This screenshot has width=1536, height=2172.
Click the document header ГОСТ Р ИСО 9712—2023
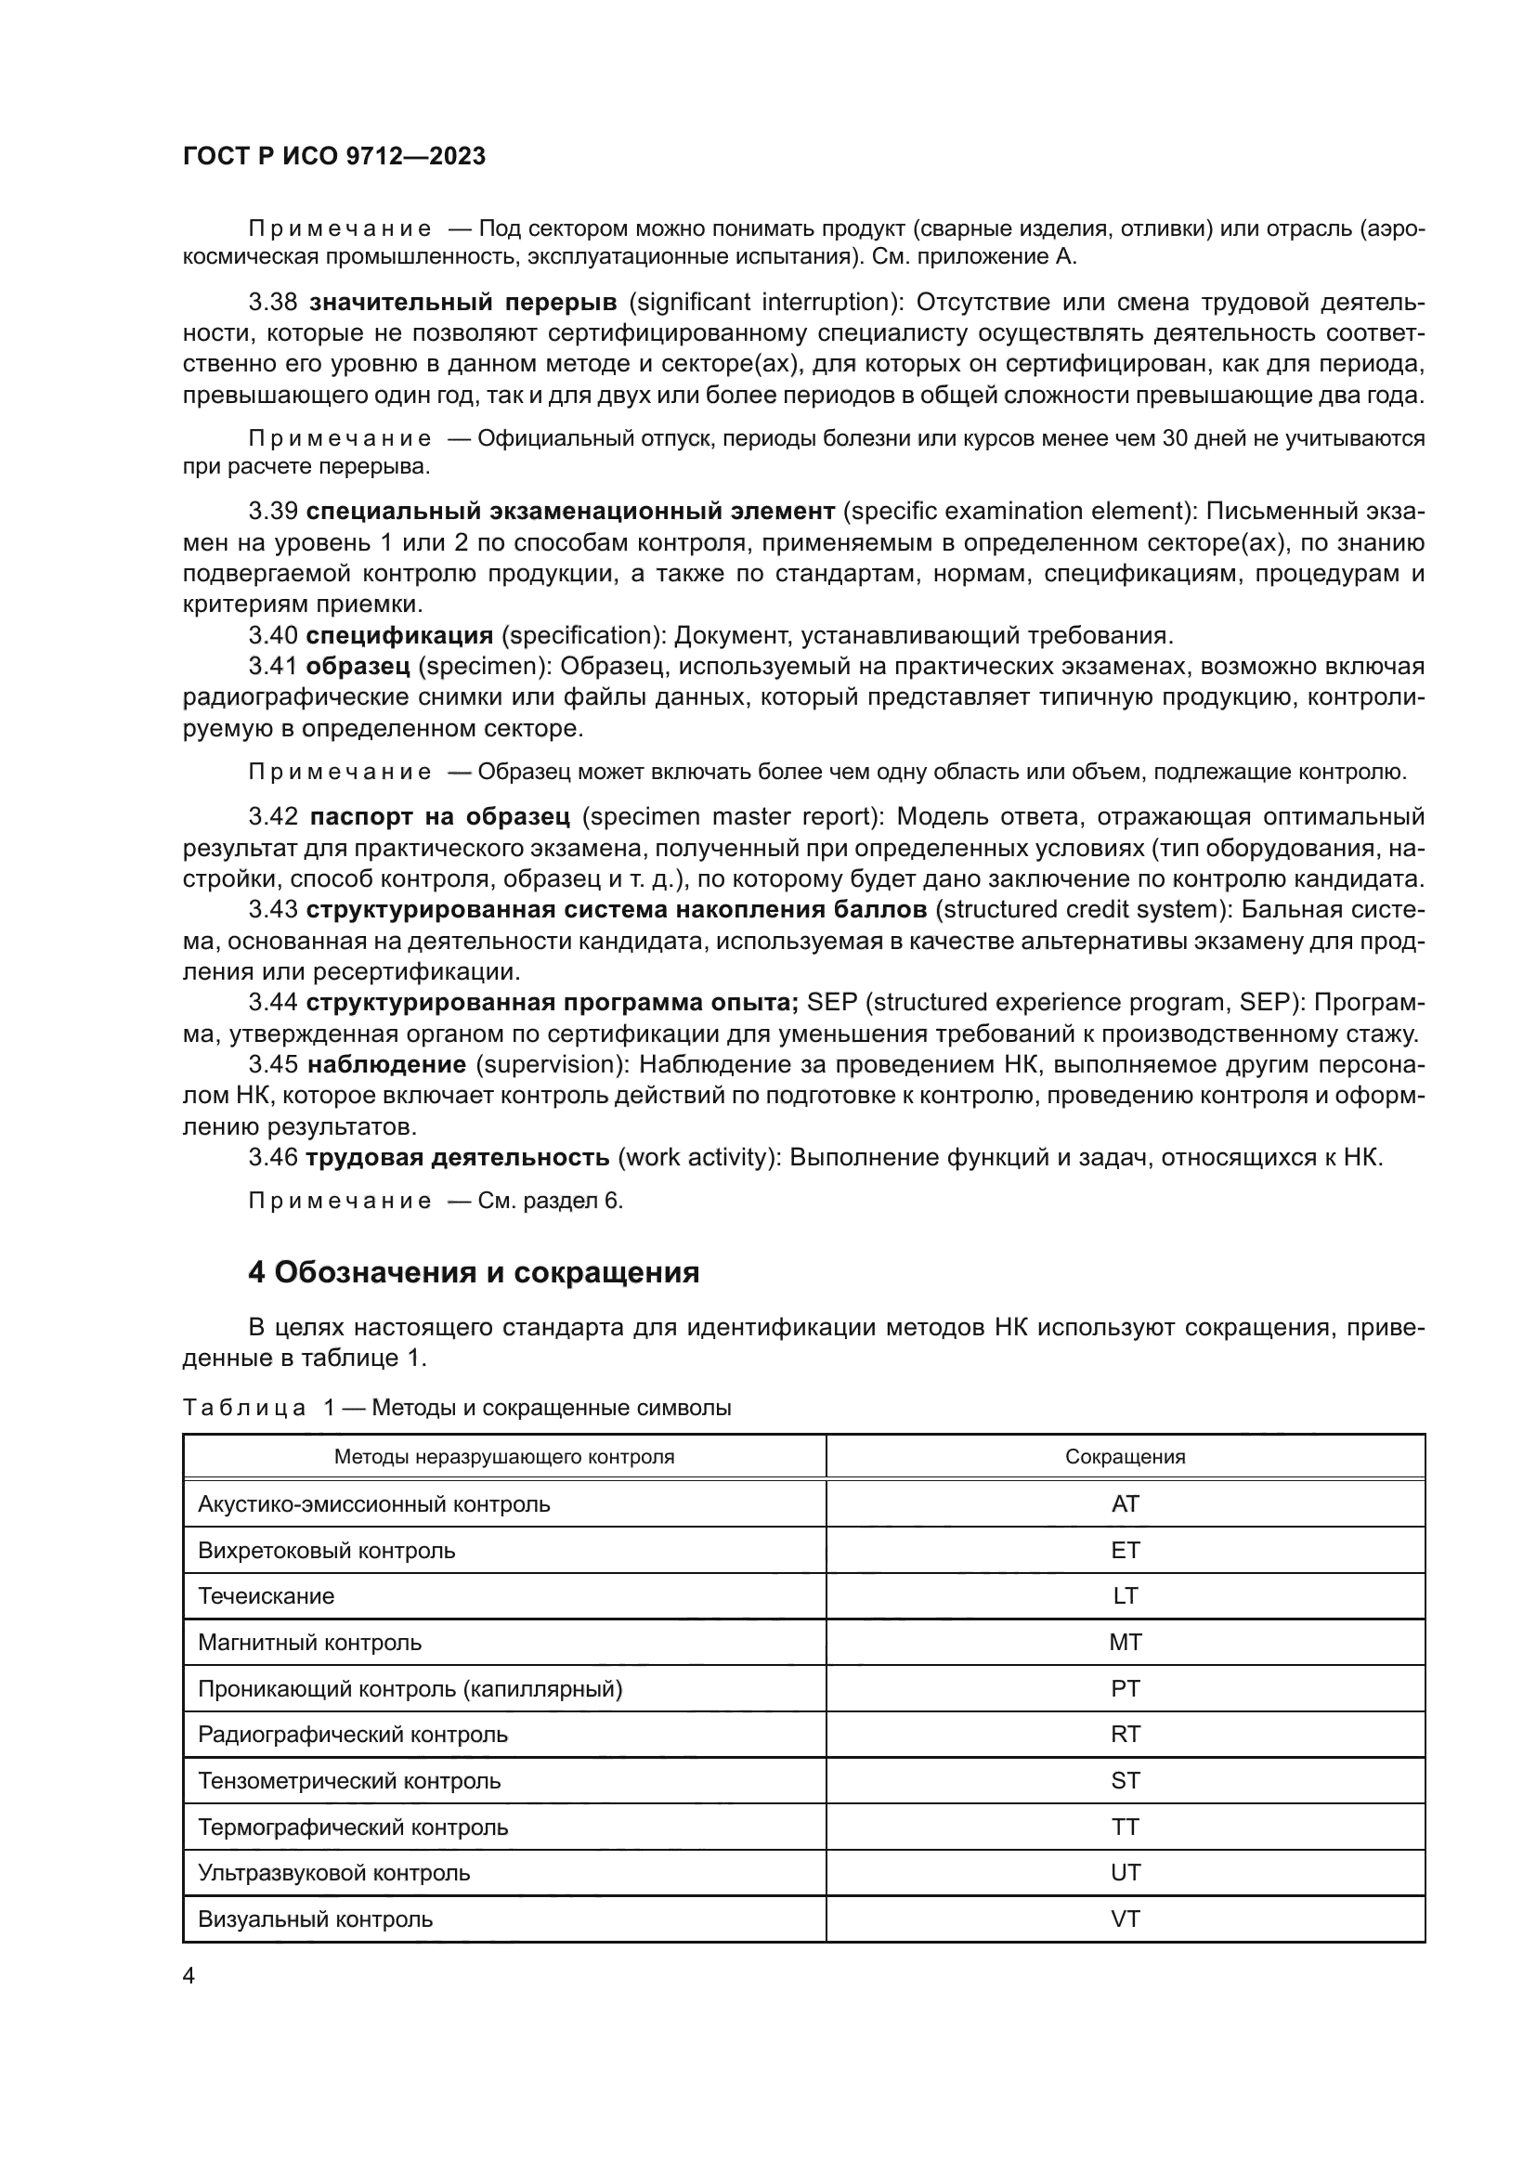click(x=334, y=157)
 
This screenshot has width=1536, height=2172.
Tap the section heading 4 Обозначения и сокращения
click(x=473, y=1272)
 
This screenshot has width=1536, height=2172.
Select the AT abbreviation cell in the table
click(x=1125, y=1503)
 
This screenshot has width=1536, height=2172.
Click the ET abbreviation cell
click(x=1125, y=1550)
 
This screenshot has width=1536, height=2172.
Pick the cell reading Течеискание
click(x=266, y=1596)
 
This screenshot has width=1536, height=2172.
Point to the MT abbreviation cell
click(x=1125, y=1643)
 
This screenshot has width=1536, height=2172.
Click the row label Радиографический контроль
click(x=353, y=1734)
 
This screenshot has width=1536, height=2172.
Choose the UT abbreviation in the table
click(x=1125, y=1872)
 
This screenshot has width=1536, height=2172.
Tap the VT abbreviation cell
click(x=1125, y=1918)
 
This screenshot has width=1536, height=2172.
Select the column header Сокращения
click(x=1125, y=1457)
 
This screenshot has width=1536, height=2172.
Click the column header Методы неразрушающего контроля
click(x=504, y=1457)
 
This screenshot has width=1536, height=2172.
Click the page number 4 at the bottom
click(x=189, y=1976)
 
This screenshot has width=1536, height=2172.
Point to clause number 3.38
click(x=272, y=303)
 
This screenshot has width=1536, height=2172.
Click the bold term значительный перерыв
click(x=463, y=303)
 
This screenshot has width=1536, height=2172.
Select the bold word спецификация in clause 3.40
click(x=399, y=635)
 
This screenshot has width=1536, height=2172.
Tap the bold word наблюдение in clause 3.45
click(x=387, y=1065)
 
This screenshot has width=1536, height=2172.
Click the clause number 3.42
click(x=272, y=816)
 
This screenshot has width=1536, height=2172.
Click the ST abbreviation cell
click(x=1125, y=1780)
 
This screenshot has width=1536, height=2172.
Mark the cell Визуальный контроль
click(x=315, y=1918)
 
